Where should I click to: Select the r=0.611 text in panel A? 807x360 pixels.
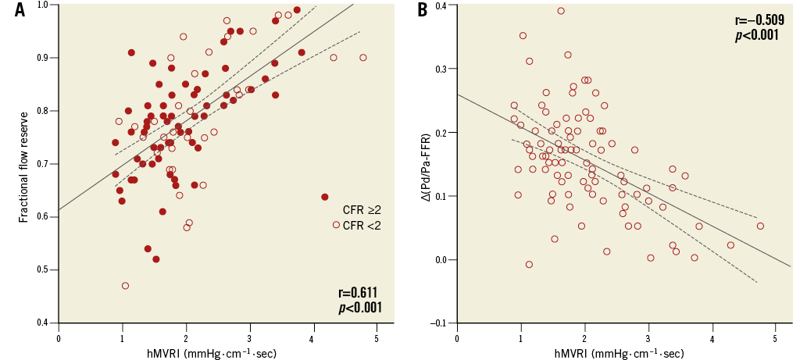pyautogui.click(x=359, y=292)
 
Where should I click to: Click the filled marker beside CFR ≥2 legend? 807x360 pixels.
pyautogui.click(x=325, y=197)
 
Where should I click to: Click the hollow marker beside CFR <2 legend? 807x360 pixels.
pyautogui.click(x=336, y=225)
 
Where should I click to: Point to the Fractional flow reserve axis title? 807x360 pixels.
pyautogui.click(x=23, y=164)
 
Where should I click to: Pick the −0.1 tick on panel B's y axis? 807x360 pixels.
pyautogui.click(x=440, y=323)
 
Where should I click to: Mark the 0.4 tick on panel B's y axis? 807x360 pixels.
pyautogui.click(x=441, y=5)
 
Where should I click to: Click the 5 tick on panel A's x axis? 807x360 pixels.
pyautogui.click(x=376, y=337)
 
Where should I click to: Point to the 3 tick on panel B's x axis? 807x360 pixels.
pyautogui.click(x=648, y=337)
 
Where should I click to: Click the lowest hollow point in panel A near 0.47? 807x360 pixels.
pyautogui.click(x=125, y=286)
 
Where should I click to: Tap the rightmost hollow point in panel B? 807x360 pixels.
pyautogui.click(x=760, y=226)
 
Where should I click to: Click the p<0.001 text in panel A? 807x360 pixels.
pyautogui.click(x=359, y=307)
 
